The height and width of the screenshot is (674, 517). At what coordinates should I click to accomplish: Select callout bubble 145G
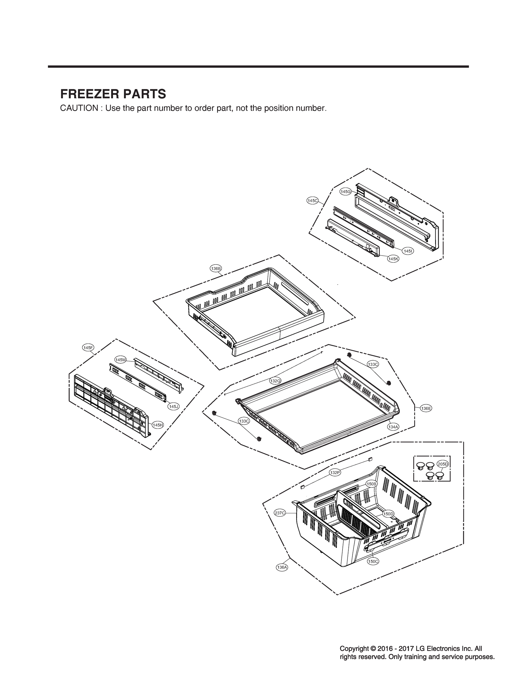point(346,192)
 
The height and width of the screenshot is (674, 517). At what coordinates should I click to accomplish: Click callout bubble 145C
point(313,201)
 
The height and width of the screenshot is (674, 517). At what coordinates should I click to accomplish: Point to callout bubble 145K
point(393,259)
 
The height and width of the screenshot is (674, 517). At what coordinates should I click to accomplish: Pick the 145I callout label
point(408,251)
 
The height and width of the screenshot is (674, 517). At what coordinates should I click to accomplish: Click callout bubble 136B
point(216,268)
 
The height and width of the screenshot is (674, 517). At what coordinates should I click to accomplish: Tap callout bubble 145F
point(88,348)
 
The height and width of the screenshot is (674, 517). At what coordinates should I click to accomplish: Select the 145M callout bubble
point(121,360)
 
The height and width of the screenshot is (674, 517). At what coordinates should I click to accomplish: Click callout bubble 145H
point(158,425)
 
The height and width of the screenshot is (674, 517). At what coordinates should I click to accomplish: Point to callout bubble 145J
point(173,407)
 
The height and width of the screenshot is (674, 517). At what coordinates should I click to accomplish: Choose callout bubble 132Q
point(275,381)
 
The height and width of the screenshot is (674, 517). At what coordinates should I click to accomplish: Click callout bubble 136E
point(426,408)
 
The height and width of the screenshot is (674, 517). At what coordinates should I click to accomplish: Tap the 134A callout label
point(393,427)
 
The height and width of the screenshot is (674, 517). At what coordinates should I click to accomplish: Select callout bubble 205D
point(443,464)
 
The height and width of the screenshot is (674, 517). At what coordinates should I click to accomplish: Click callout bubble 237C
point(280,513)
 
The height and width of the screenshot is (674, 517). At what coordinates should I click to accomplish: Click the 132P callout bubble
point(335,473)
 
